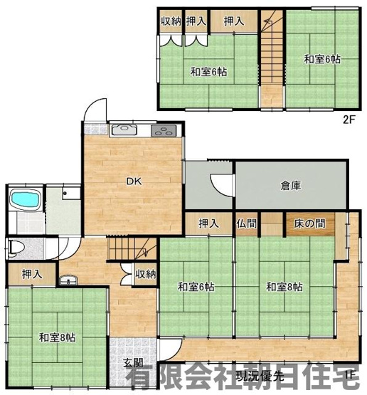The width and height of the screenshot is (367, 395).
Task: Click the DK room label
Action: coord(133,181)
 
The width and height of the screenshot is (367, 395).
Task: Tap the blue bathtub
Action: coord(26,200)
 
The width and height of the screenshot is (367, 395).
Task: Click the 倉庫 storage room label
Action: coord(290,186)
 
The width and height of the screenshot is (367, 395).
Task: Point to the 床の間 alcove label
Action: coord(310,223)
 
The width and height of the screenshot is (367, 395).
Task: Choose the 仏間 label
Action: coord(247,223)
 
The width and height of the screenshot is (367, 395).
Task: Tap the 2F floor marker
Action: coord(348,119)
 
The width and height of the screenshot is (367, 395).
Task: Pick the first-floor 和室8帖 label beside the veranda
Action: coord(284,287)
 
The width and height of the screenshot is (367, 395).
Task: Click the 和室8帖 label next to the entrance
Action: coord(58,337)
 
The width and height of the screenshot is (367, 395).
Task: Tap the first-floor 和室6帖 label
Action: coord(196,287)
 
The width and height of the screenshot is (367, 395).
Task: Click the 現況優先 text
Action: coord(262,375)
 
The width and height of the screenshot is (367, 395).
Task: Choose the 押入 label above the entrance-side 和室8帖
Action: coord(31,273)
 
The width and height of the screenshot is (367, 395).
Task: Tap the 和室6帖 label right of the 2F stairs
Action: coord(323,59)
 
